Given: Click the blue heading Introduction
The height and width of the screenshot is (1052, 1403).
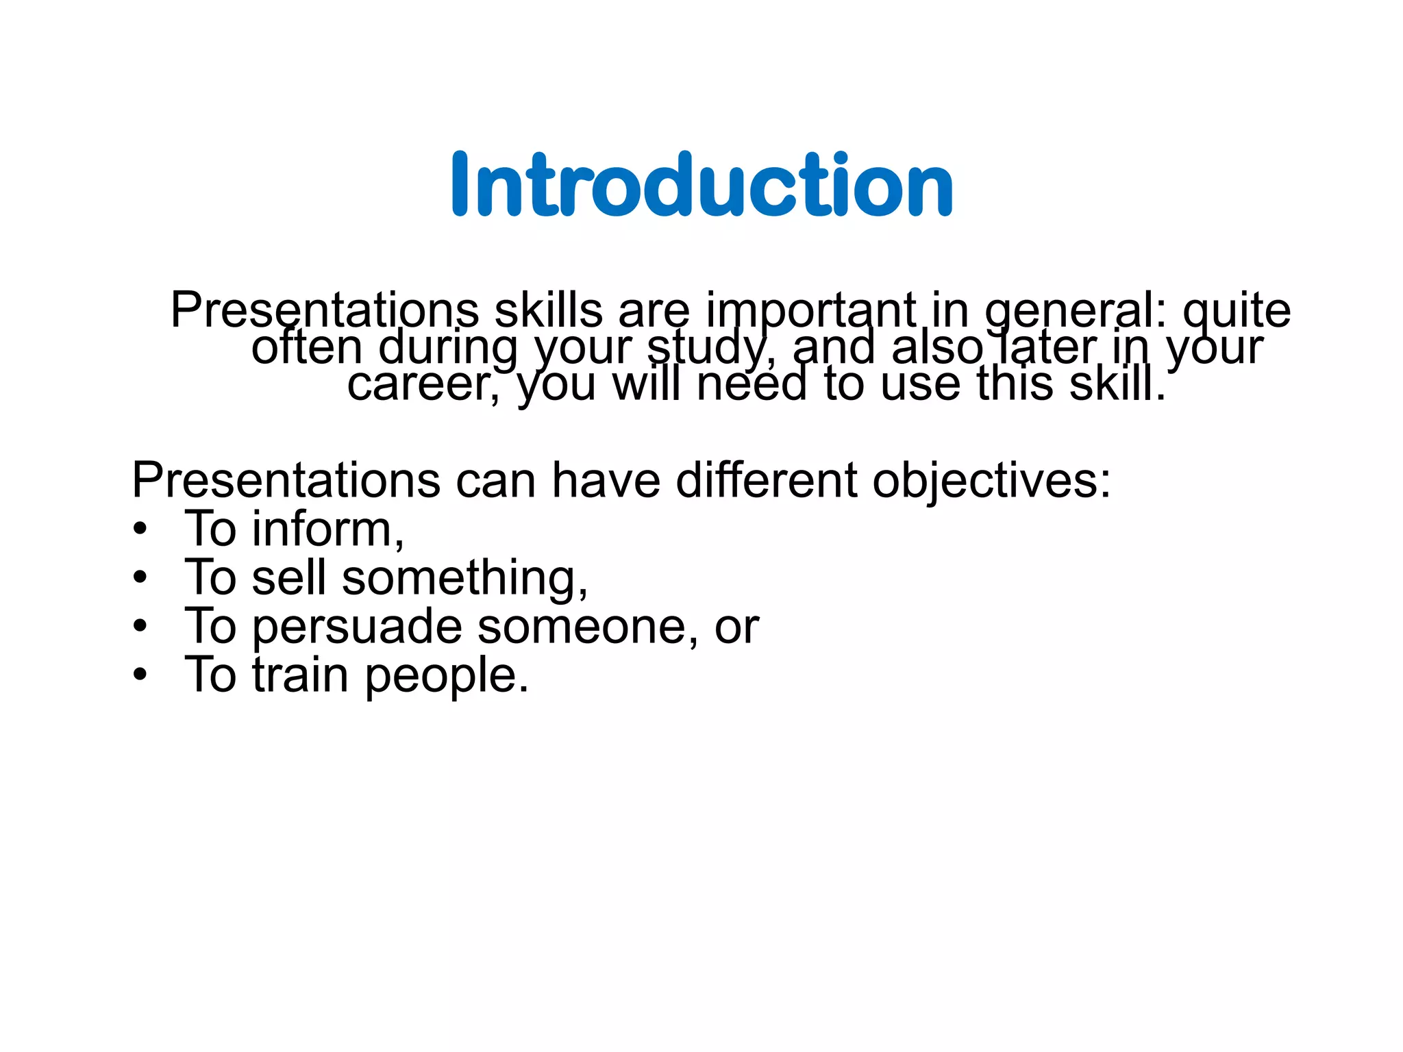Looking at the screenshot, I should coord(702,185).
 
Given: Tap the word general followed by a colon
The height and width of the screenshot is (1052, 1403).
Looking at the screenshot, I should coord(1069,312).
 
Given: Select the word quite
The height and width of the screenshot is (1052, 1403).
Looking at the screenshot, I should coord(1237,312).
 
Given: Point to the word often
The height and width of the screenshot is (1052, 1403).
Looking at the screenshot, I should coord(306,347).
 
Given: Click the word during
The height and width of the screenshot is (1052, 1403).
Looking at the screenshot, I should coord(448,349).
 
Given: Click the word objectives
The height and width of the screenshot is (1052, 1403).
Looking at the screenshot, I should coord(991,481).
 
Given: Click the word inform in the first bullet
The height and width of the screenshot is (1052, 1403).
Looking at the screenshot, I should coord(327,529).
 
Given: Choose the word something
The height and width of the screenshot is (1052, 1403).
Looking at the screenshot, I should coord(464,579).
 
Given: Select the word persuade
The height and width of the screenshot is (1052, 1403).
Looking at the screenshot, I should coord(357,627).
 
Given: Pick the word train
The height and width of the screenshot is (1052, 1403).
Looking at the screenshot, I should coord(301,675).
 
